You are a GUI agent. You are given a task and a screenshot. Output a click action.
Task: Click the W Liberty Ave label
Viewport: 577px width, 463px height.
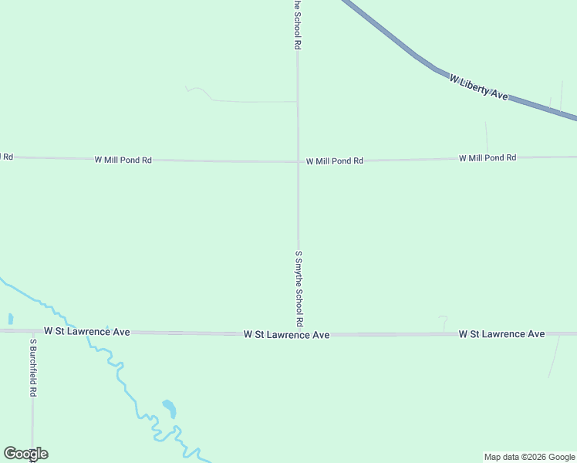point(478,87)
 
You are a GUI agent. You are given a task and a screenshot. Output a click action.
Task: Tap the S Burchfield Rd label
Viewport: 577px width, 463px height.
point(33,367)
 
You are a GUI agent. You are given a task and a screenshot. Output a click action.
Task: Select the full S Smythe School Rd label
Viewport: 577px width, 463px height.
point(299,287)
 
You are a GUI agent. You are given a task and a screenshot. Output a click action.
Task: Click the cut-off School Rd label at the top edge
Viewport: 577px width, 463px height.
point(296,25)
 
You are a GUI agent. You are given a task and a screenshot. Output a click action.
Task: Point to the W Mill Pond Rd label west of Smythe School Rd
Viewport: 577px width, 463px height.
point(123,160)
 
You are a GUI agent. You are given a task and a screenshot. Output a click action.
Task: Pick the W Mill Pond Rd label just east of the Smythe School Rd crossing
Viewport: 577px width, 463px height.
point(334,161)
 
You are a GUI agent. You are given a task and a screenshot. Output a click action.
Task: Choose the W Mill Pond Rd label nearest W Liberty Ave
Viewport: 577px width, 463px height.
point(487,157)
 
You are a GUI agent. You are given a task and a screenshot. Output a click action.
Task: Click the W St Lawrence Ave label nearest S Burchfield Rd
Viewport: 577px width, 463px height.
point(86,331)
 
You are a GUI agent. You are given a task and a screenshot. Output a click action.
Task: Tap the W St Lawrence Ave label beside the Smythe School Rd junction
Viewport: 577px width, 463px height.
point(286,335)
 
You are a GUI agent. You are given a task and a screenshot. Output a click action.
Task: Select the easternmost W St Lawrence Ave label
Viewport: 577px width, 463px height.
point(501,334)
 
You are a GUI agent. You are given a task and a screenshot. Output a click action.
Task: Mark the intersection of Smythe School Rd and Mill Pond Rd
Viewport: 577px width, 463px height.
point(299,162)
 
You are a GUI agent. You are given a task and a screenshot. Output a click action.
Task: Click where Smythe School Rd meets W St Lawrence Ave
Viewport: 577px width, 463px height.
point(299,334)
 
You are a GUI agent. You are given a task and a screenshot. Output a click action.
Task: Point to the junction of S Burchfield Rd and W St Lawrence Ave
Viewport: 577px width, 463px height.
point(33,331)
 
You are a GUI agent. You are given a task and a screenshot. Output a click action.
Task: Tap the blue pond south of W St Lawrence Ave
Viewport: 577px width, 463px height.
point(169,407)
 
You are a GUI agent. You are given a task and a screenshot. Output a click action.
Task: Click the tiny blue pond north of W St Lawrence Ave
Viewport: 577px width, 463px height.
point(11,318)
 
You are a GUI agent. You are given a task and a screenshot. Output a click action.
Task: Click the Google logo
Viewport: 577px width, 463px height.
point(25,454)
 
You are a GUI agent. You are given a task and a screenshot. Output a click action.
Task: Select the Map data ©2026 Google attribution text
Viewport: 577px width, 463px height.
point(529,457)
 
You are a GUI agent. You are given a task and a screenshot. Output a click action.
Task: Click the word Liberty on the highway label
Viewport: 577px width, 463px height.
point(477,86)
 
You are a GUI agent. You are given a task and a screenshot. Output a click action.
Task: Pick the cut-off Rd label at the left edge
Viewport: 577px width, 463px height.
point(7,157)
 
